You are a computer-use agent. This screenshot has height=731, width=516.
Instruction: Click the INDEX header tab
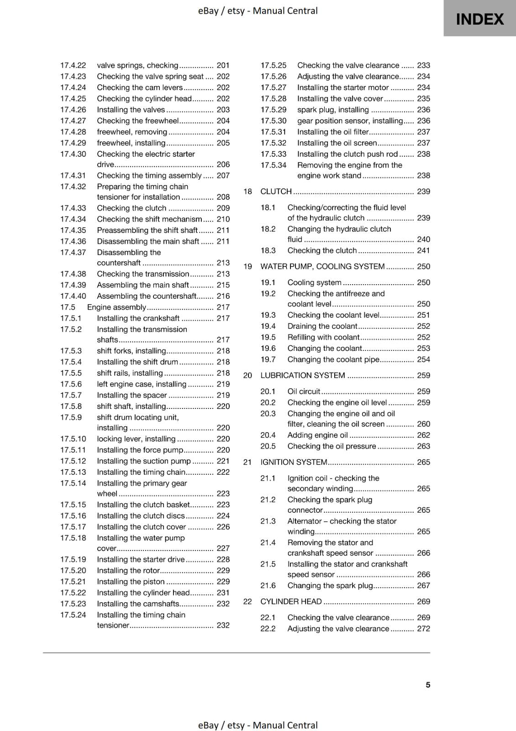(x=479, y=19)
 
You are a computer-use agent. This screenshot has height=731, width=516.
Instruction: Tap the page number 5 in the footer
(x=428, y=684)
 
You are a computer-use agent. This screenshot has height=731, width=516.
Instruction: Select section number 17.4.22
(x=73, y=65)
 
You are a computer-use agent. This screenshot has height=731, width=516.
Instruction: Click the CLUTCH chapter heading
(x=276, y=191)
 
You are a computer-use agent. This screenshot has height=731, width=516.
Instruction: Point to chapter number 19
(x=247, y=266)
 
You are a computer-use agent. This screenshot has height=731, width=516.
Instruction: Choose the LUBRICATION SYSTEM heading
(x=302, y=375)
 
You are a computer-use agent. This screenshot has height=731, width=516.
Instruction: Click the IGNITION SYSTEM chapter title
(x=294, y=462)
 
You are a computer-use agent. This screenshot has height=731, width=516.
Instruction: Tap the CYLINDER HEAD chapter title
(x=291, y=601)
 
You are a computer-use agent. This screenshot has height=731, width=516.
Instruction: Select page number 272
(x=423, y=629)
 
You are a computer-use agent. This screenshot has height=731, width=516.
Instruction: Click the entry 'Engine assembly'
(x=116, y=307)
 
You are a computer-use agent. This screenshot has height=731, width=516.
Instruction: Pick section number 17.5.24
(x=73, y=614)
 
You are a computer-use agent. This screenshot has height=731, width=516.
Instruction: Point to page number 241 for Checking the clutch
(x=423, y=250)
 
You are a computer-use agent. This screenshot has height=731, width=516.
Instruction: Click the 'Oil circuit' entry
(x=304, y=391)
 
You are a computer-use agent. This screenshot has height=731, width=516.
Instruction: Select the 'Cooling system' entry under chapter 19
(x=314, y=282)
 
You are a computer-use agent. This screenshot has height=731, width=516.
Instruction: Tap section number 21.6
(x=268, y=585)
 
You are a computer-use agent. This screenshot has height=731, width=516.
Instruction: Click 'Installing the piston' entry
(x=131, y=581)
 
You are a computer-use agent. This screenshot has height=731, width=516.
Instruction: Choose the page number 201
(x=223, y=65)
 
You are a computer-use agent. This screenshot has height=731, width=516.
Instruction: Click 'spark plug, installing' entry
(x=333, y=110)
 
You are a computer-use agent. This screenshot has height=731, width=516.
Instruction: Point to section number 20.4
(x=268, y=435)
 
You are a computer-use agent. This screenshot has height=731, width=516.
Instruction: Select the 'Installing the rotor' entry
(x=128, y=570)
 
